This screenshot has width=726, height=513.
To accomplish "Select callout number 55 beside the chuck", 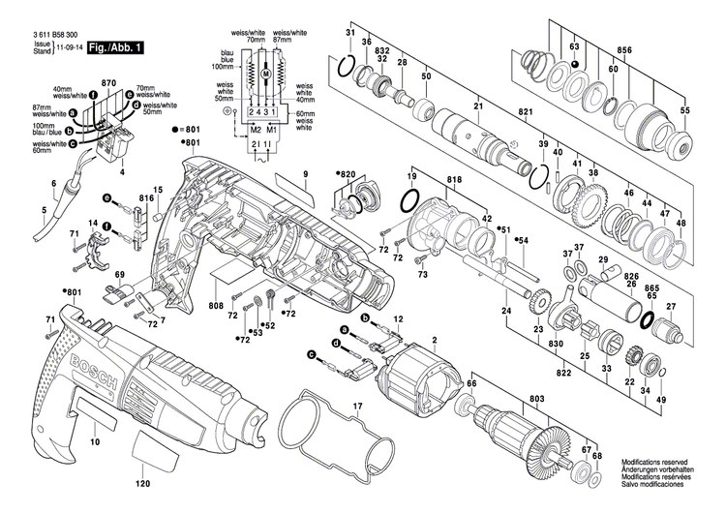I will point(685,111).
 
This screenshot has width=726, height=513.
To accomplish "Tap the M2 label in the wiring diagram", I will point(256,128).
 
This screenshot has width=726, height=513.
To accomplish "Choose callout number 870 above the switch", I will point(108,86).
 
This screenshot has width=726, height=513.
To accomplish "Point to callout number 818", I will point(427,180).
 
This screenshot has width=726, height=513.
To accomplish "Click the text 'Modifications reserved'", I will point(655,464).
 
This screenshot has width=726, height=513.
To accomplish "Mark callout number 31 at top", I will point(349,36).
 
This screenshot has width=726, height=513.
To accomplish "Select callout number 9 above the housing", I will point(304,173).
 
